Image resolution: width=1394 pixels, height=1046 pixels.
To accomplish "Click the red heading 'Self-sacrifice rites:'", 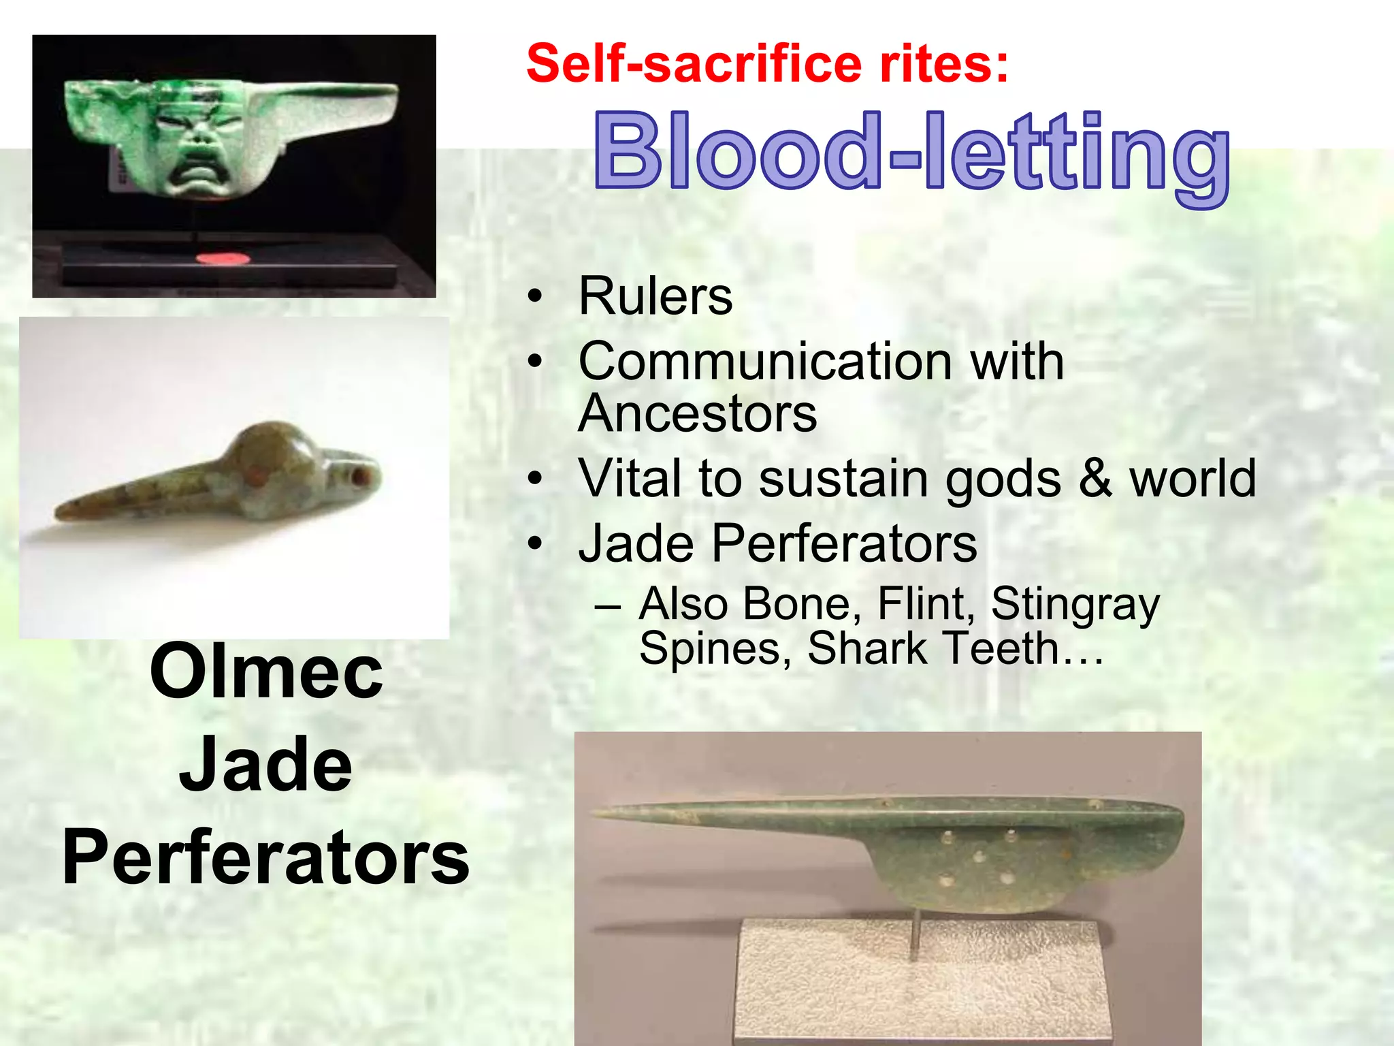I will (767, 63).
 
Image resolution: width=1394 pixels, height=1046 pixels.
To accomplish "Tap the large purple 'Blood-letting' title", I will (911, 153).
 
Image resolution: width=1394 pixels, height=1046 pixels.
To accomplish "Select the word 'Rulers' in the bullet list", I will (655, 297).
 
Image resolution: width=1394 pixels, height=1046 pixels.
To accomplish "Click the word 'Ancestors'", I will (697, 413).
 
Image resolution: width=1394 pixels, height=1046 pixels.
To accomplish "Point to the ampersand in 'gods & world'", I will (1094, 478).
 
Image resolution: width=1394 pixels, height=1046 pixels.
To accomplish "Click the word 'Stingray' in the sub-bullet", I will (1075, 604).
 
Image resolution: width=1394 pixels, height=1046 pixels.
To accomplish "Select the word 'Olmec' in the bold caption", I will (266, 673).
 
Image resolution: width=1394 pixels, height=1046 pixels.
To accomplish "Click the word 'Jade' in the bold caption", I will (266, 765).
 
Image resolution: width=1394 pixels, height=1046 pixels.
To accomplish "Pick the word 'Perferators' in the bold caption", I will (266, 858).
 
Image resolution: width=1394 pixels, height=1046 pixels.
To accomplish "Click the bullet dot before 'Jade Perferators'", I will (536, 544).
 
